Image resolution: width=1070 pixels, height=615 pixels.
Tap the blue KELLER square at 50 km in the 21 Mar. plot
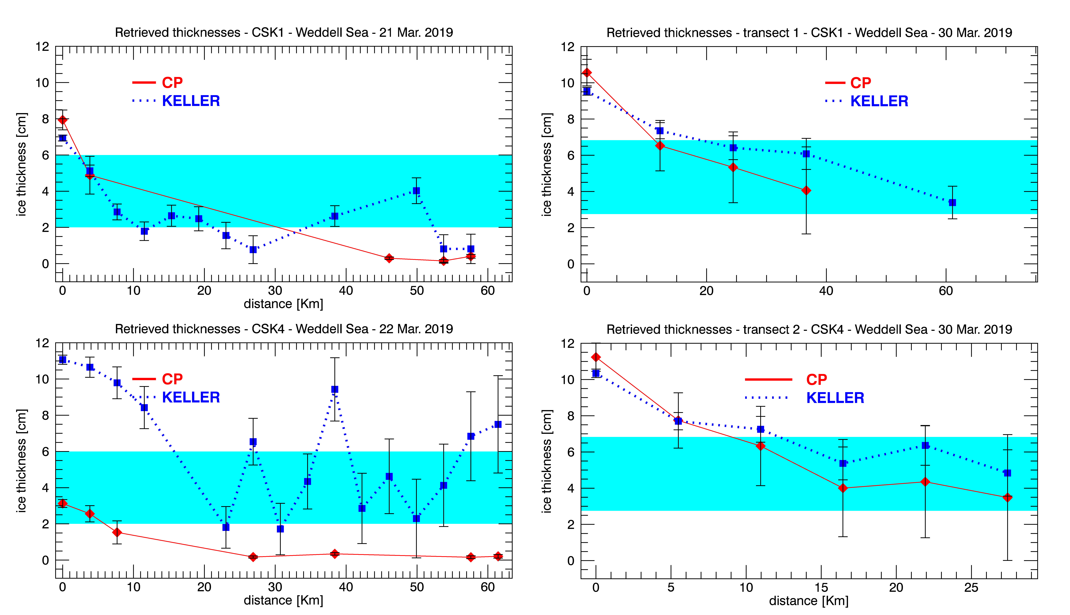[x=416, y=191]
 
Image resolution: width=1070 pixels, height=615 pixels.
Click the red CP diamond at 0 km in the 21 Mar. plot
[x=63, y=120]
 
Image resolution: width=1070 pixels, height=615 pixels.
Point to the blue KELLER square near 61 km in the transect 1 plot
[x=952, y=203]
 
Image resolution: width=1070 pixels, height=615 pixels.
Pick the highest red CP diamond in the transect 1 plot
[x=587, y=73]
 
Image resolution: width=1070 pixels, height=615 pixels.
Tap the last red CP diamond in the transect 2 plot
[x=1007, y=498]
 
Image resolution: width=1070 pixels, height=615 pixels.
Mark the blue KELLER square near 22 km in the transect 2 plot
[x=925, y=446]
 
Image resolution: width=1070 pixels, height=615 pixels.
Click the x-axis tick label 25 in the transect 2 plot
[x=971, y=588]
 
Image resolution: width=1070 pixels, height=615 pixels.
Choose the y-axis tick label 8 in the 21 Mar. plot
[x=45, y=119]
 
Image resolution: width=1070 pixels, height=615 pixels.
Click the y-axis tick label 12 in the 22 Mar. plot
[x=42, y=343]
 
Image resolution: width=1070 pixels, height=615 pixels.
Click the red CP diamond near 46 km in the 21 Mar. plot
[x=389, y=258]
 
